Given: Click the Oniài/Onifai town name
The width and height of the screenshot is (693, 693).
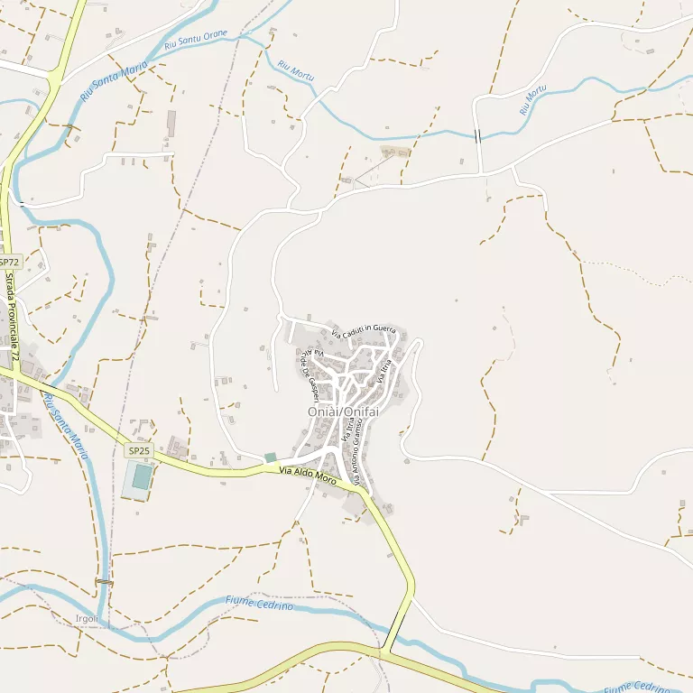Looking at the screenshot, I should (342, 412).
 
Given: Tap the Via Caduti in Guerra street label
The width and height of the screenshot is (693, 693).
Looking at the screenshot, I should (363, 332).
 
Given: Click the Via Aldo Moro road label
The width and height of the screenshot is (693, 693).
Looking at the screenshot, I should (308, 476).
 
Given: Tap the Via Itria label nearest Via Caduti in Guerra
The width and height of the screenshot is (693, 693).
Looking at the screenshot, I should (385, 371).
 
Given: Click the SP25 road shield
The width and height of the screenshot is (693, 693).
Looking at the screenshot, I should (139, 450).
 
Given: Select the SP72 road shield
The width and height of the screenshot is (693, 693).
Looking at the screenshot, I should (9, 262).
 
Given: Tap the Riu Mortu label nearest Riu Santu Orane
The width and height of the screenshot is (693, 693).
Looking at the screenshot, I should (296, 71).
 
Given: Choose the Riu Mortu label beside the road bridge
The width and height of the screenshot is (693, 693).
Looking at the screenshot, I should (533, 99).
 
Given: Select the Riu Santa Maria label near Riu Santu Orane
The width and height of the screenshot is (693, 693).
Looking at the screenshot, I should (114, 81).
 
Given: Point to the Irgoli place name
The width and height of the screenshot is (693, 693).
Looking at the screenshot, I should (88, 619).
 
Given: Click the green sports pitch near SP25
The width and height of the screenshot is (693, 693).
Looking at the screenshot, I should (141, 476).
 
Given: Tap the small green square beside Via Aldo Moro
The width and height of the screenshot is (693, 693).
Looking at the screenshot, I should (270, 457).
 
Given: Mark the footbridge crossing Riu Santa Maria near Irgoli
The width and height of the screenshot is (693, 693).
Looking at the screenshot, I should (105, 582).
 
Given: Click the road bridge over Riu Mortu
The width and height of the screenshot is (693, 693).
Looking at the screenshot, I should (477, 135).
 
